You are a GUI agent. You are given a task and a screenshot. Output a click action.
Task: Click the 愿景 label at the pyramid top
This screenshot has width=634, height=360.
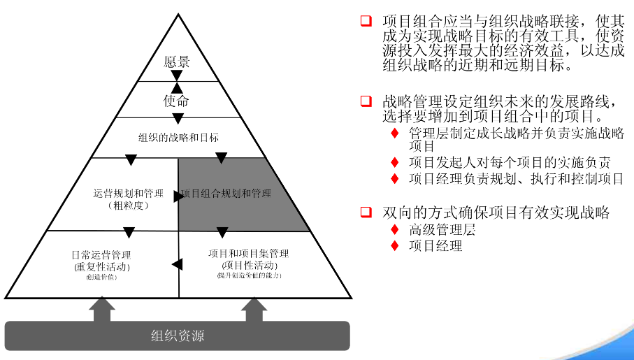(x=177, y=62)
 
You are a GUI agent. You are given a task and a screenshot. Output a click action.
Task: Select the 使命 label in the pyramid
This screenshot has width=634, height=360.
(x=176, y=101)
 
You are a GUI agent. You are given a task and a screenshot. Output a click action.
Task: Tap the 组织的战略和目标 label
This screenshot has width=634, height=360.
(x=178, y=138)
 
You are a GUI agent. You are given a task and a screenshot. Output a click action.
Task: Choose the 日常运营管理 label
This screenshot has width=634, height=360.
(x=101, y=254)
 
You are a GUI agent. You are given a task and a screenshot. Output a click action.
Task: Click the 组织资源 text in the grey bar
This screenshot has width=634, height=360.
(x=178, y=336)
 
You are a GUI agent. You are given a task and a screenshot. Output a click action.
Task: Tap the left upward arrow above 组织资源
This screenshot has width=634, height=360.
(x=102, y=308)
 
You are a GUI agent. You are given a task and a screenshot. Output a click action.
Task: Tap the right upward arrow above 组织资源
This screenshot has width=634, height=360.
(x=254, y=308)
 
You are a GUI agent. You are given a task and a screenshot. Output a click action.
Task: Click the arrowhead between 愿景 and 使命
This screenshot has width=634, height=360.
(x=177, y=75)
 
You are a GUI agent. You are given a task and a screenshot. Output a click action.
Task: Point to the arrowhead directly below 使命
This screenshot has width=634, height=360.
(x=178, y=118)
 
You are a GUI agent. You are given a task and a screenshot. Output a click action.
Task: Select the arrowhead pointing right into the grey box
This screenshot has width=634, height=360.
(x=179, y=196)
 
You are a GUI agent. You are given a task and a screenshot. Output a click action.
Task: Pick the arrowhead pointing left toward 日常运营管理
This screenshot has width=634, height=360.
(x=177, y=264)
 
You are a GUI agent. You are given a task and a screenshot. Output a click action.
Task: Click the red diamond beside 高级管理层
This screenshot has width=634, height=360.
(x=395, y=229)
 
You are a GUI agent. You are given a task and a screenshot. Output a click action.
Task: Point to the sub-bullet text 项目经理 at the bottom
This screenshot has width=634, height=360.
(x=435, y=245)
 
